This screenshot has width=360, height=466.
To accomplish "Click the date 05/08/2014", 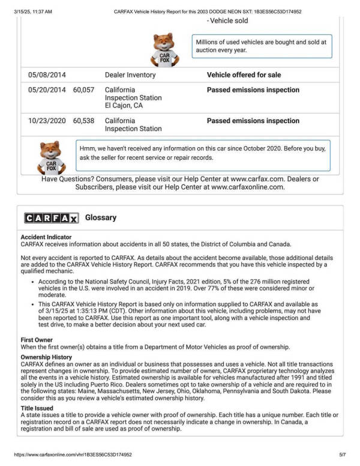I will tap(47, 75).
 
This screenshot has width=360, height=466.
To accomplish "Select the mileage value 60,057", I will tap(84, 90).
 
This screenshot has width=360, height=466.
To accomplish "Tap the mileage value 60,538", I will tap(84, 121).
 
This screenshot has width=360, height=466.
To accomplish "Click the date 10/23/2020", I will tap(47, 121).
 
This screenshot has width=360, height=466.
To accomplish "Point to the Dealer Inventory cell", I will tap(130, 75).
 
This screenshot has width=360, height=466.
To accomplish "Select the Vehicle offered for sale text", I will tap(244, 75).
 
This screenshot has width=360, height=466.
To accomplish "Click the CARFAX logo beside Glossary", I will tap(51, 218).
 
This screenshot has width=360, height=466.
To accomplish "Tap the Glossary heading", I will tap(101, 217).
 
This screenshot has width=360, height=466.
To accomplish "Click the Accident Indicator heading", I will tap(46, 237).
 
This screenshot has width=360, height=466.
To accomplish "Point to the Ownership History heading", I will tap(46, 357).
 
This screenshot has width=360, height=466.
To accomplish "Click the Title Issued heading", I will tap(37, 408).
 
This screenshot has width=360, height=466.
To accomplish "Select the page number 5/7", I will tap(343, 455).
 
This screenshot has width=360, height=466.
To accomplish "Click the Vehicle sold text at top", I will tap(227, 20).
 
